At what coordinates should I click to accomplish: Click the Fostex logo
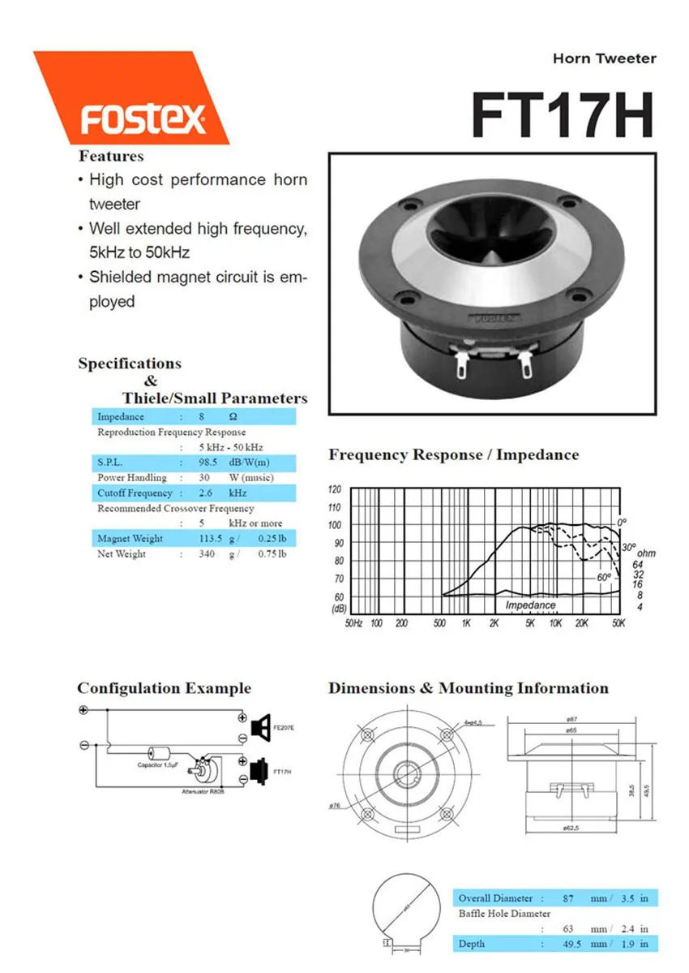[x=143, y=119]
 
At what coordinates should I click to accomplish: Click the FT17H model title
[x=562, y=116]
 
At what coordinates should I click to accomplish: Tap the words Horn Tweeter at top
[x=604, y=58]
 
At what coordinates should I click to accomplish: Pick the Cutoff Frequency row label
[x=135, y=493]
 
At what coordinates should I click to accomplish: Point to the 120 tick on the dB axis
[x=336, y=489]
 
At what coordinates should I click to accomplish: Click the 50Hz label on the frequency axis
[x=354, y=623]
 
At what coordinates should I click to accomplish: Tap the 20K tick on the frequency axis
[x=580, y=623]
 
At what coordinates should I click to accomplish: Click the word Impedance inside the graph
[x=530, y=605]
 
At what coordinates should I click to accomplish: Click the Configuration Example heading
[x=164, y=689]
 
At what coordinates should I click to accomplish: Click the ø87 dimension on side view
[x=573, y=721]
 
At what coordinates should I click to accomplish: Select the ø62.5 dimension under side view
[x=573, y=828]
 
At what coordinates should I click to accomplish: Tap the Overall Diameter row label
[x=495, y=898]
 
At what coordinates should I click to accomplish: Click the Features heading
[x=111, y=156]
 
